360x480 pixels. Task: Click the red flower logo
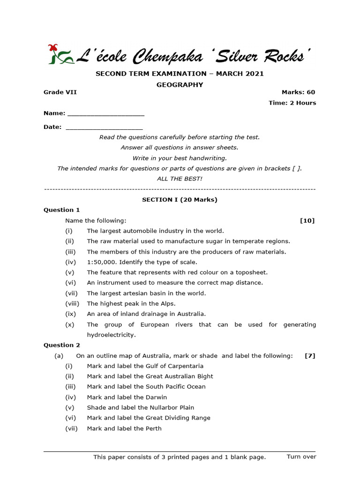60,54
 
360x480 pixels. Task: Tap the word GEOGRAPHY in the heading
180,85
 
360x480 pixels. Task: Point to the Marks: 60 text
298,92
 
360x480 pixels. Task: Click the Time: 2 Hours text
292,103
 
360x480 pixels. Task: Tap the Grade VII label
60,92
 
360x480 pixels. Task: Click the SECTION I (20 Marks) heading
180,200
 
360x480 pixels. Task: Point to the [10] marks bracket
307,221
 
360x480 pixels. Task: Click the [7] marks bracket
310,356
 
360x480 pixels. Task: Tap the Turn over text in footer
301,457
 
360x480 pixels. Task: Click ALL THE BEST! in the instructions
180,179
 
